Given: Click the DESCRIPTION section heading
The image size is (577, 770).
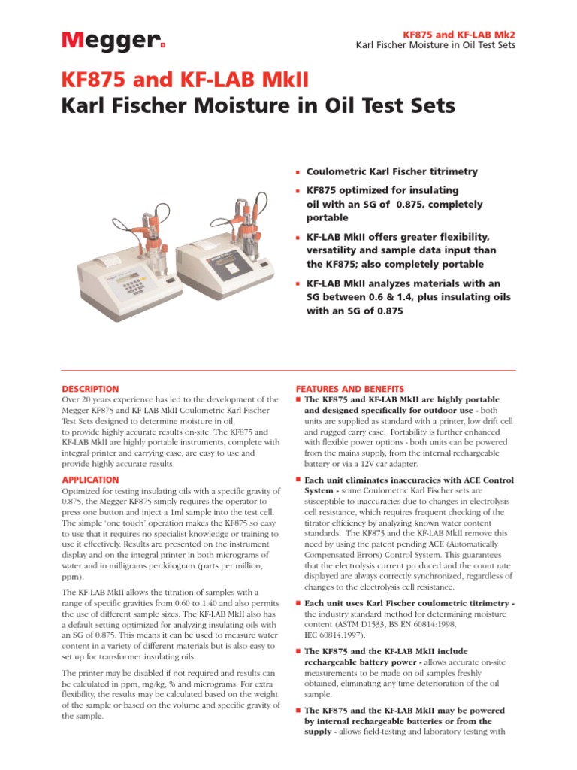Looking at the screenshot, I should [x=90, y=389].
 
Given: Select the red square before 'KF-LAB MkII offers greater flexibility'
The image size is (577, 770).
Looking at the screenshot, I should [x=298, y=238].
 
